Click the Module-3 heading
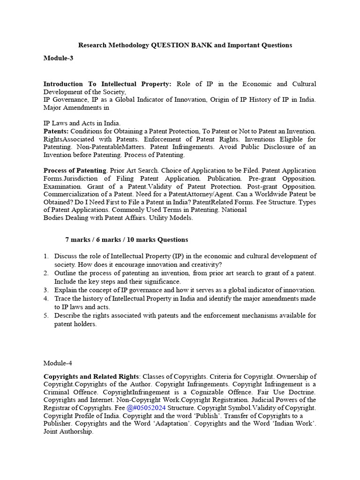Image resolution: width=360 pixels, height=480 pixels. [59, 58]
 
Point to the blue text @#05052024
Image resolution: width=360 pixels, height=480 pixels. [146, 408]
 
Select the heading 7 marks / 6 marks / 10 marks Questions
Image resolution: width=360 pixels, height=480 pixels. [127, 240]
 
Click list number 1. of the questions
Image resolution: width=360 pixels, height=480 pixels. [46, 256]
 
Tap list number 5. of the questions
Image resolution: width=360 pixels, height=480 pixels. [46, 315]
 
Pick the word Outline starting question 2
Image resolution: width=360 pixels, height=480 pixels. [65, 273]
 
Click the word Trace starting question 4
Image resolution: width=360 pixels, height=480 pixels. [63, 299]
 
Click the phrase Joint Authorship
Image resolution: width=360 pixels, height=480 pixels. [68, 432]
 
